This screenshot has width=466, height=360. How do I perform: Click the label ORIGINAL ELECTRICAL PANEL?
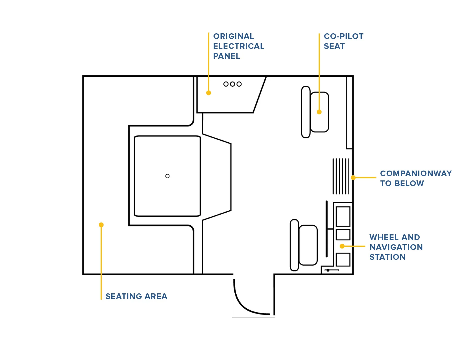click(x=238, y=46)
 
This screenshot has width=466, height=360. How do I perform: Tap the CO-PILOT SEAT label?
click(x=343, y=41)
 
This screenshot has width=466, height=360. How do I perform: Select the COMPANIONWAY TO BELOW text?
click(x=415, y=178)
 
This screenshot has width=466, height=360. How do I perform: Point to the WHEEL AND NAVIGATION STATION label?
click(x=396, y=247)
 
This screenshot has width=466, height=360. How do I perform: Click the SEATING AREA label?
click(x=136, y=296)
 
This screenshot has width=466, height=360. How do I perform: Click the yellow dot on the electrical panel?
click(x=208, y=93)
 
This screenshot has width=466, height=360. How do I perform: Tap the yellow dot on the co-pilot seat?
click(x=319, y=112)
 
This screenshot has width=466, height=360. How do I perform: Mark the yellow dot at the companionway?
click(x=353, y=178)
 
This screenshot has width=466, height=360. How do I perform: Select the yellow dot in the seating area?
click(x=101, y=225)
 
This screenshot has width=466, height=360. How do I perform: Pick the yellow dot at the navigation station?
click(x=342, y=246)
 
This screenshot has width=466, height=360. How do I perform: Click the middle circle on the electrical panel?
click(x=232, y=84)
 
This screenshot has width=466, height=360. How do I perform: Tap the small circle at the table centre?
click(x=167, y=176)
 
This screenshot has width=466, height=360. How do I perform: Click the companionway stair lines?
click(x=341, y=176)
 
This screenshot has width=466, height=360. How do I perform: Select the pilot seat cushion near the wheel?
click(x=308, y=245)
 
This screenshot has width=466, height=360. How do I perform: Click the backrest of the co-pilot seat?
click(x=306, y=112)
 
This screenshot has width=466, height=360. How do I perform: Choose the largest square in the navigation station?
click(x=343, y=217)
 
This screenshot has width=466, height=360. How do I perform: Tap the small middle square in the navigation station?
click(x=343, y=235)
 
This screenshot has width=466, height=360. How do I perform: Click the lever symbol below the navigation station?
click(x=331, y=270)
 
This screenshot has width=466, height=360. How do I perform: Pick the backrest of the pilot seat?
click(x=294, y=245)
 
